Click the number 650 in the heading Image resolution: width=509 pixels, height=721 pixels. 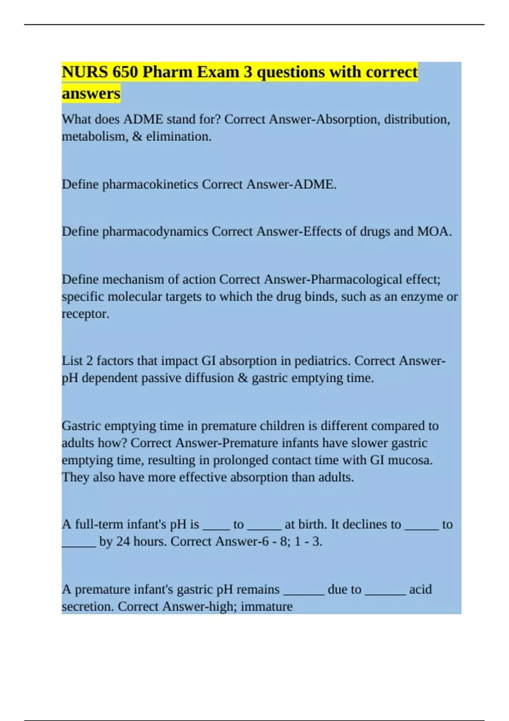(x=125, y=72)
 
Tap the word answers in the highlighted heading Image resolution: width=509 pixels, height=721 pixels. (x=91, y=93)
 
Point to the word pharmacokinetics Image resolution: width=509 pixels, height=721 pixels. (x=150, y=184)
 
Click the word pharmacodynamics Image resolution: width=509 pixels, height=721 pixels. (x=155, y=232)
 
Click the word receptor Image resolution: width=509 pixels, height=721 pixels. (x=85, y=314)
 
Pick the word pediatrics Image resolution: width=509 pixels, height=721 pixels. (x=322, y=361)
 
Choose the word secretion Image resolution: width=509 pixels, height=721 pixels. (x=88, y=606)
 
